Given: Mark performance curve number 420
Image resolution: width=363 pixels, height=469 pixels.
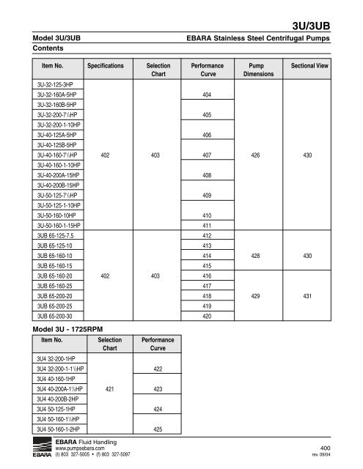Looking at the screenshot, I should coord(207,316).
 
